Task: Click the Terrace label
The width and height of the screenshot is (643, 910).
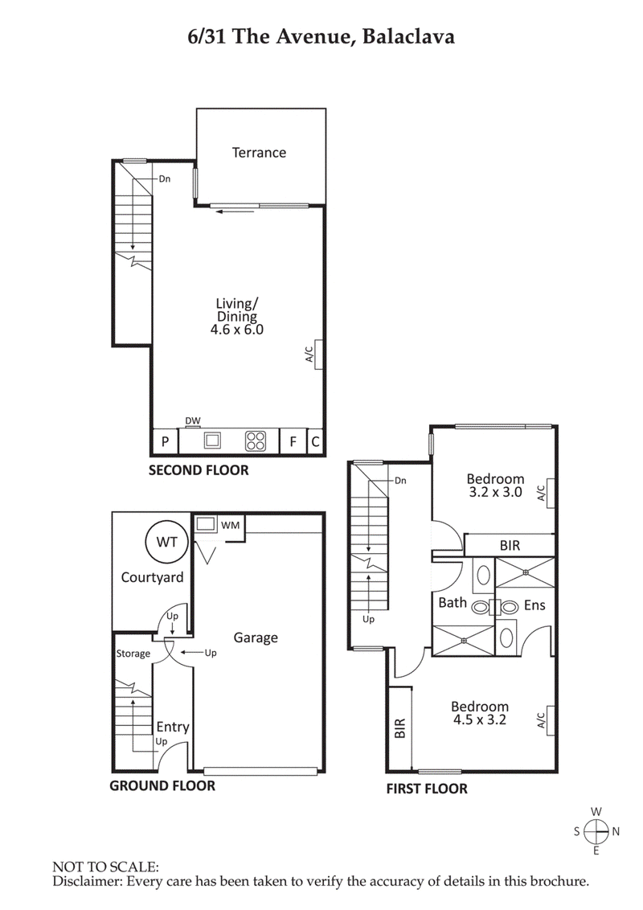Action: click(259, 152)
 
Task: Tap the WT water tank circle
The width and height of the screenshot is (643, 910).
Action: click(166, 543)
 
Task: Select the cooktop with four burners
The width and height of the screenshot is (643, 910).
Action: click(256, 441)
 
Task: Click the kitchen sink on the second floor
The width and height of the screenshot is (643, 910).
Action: click(212, 441)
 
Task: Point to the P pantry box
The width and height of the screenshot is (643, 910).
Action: click(165, 441)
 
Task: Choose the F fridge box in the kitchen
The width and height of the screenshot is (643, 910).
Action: click(293, 441)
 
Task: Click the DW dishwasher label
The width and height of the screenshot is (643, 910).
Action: click(193, 420)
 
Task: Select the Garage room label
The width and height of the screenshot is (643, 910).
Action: click(256, 637)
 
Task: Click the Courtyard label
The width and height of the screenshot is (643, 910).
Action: click(152, 577)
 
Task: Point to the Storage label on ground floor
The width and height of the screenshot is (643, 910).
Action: click(133, 654)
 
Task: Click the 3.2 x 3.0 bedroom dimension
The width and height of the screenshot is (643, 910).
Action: click(495, 493)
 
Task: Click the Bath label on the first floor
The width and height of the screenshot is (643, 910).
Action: click(453, 602)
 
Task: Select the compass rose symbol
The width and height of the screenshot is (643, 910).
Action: click(596, 831)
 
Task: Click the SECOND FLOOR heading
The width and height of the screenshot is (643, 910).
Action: click(199, 470)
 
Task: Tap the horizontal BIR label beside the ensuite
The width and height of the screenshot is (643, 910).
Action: click(510, 545)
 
